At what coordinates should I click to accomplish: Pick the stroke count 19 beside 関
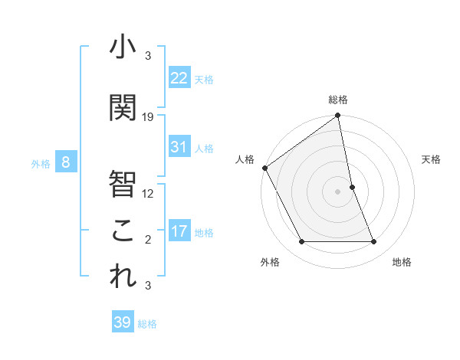point(148,117)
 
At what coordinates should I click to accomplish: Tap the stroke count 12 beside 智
point(148,193)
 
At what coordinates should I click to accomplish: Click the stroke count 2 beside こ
point(148,240)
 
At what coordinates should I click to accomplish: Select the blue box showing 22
point(179,78)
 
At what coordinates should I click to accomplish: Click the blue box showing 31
point(179,147)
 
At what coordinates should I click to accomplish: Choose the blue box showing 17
point(179,231)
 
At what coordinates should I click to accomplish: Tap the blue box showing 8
point(66,162)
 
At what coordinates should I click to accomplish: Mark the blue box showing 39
point(123,322)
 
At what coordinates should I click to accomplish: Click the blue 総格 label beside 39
point(147,324)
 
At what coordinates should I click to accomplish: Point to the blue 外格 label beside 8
point(41,163)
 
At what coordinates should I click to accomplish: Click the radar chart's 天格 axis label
point(431,159)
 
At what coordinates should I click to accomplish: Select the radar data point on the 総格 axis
point(337,116)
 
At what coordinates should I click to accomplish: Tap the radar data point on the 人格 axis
point(264,168)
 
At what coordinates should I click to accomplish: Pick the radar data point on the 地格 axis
point(374,242)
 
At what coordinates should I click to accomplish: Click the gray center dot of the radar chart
point(337,191)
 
